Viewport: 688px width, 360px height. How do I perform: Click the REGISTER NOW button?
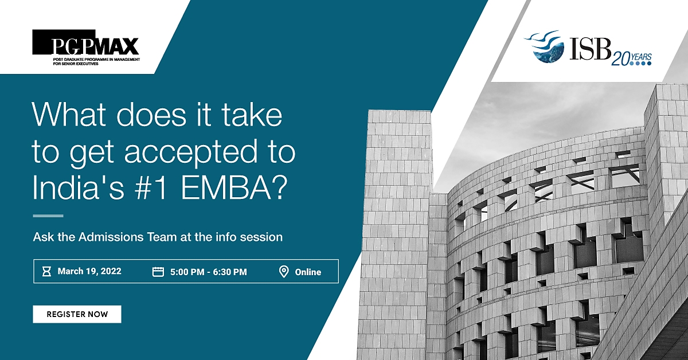coord(77,314)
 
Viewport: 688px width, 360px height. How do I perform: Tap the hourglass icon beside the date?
coord(46,272)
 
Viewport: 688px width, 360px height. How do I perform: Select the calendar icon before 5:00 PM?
coord(158,272)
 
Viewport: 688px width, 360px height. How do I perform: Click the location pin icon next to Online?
coord(284,272)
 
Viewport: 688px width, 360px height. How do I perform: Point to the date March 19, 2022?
coord(89,271)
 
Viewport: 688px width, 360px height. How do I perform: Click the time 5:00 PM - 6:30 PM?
coord(209,272)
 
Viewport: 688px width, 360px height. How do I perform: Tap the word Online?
coord(308,272)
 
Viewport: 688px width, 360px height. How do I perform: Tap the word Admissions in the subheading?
coord(127,237)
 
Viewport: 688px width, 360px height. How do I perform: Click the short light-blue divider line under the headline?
coord(48,216)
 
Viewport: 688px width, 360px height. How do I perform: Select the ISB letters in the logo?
coord(589,49)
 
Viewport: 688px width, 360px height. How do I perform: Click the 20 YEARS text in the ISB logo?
coord(631,59)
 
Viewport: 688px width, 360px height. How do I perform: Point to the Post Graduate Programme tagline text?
coord(96,61)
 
